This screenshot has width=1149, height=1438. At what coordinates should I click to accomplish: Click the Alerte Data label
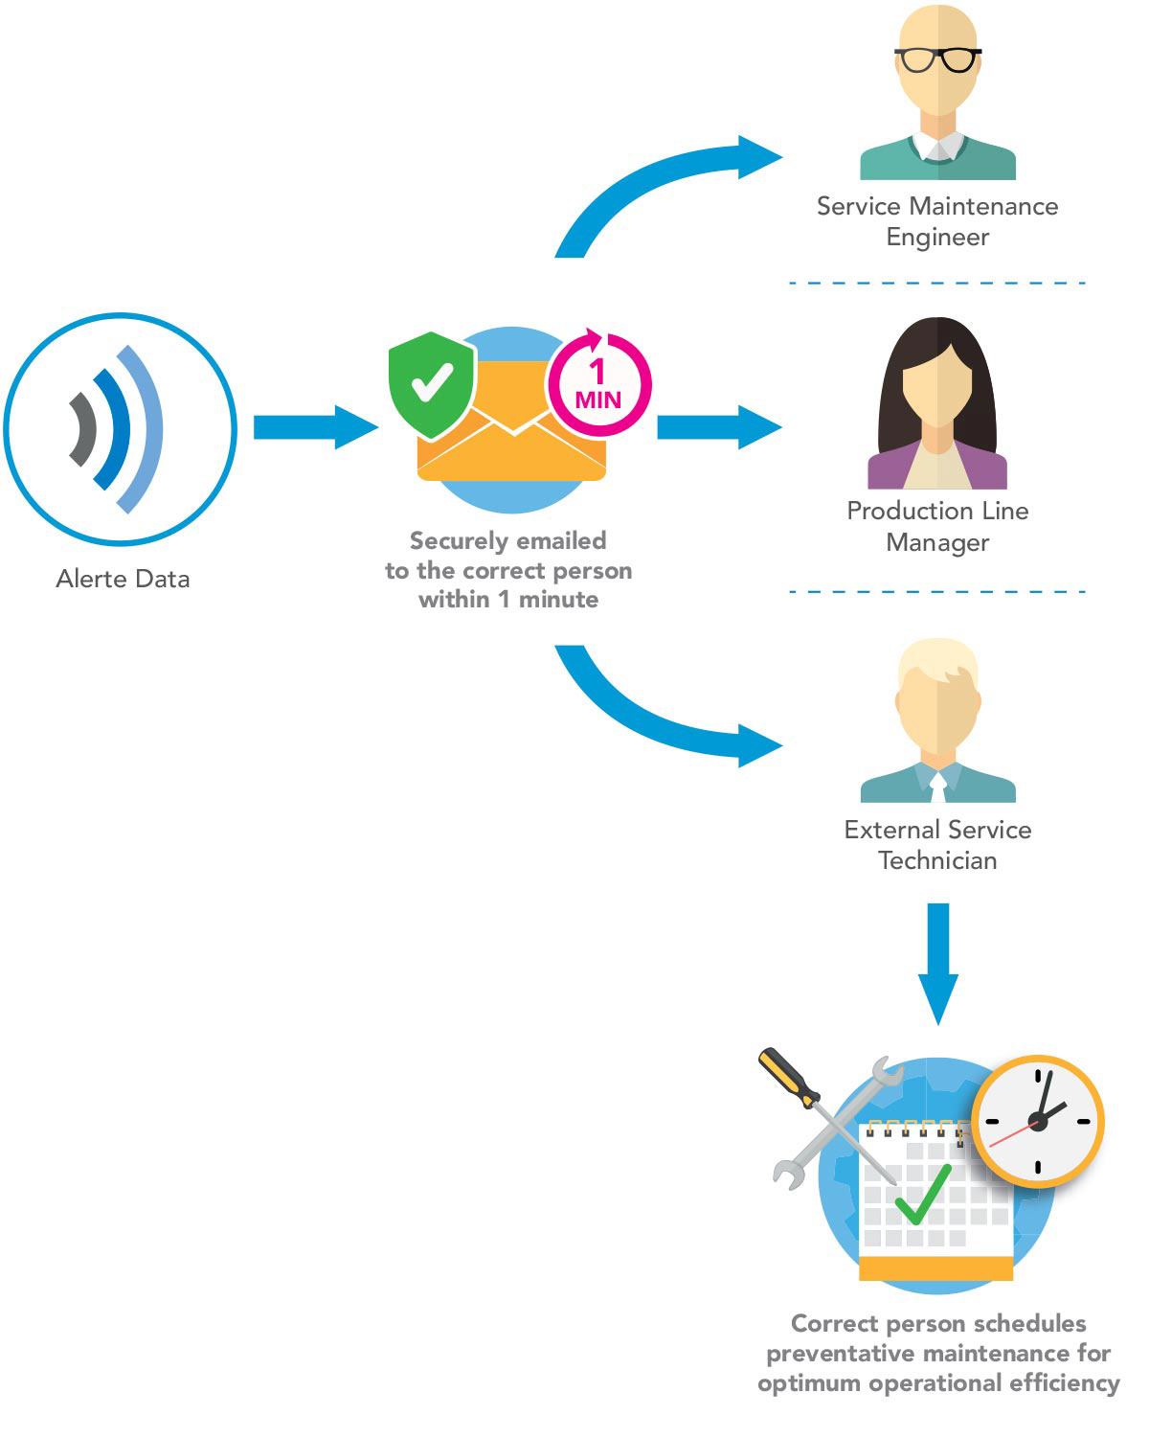coord(123,579)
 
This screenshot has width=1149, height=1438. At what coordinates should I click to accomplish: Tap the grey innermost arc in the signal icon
coord(83,429)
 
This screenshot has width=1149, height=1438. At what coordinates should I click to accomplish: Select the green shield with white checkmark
coord(431,384)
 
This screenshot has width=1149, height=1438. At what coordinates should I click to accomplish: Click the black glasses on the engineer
coord(937,59)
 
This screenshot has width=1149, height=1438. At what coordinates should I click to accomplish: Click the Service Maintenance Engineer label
coord(937,221)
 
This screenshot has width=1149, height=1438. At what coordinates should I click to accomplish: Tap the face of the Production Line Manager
coord(936,383)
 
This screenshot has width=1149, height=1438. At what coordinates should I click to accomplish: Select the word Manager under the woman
coord(937,542)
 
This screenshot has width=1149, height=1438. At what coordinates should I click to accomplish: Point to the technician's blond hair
coord(936,660)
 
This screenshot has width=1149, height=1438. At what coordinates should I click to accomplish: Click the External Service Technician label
coord(937,845)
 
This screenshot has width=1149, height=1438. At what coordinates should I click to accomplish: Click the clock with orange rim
coord(1038,1121)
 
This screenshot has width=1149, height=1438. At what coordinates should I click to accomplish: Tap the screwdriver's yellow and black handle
coord(787,1077)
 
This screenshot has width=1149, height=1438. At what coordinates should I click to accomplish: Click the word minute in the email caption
coord(558,600)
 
